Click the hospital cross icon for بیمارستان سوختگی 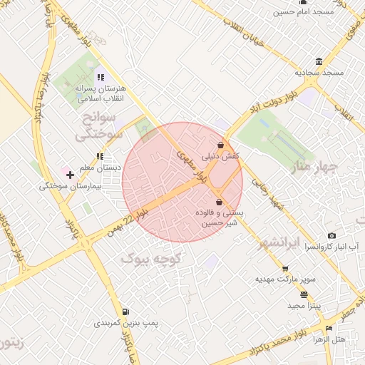click(x=70, y=174)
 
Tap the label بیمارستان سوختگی click(x=71, y=186)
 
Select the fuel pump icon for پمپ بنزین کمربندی click(x=125, y=312)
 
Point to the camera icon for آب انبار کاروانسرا click(x=331, y=236)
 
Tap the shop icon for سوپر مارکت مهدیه click(x=286, y=269)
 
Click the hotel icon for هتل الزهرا click(x=329, y=328)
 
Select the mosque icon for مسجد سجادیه click(x=317, y=61)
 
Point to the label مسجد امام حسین click(x=324, y=12)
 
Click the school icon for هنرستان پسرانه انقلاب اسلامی click(x=101, y=77)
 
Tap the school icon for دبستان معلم click(x=100, y=156)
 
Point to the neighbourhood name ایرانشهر click(x=282, y=240)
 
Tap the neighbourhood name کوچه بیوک click(x=152, y=257)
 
